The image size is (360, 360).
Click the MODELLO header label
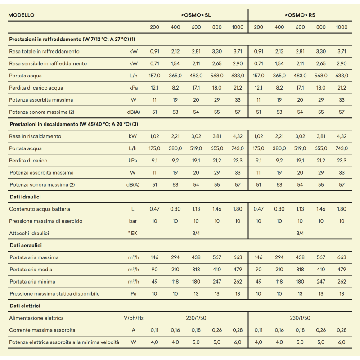[x=21, y=15]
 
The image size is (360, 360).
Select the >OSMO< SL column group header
[x=196, y=15]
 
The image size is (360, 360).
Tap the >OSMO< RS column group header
[x=300, y=15]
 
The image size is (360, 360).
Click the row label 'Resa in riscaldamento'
[x=35, y=136]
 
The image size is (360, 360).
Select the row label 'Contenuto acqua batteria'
[x=40, y=209]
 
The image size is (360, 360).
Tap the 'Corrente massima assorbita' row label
[x=42, y=330]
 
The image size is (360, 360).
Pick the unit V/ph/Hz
[x=134, y=318]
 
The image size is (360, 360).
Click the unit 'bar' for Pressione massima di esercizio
[x=133, y=221]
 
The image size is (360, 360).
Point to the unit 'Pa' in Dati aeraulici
[x=133, y=294]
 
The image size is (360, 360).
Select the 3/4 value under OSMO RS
[x=300, y=233]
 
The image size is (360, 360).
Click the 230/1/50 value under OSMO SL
[x=196, y=318]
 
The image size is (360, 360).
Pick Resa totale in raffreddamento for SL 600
[x=196, y=51]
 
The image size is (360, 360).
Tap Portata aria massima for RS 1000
[x=342, y=257]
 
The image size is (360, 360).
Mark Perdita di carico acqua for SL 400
[x=175, y=88]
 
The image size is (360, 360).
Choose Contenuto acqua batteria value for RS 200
[x=258, y=209]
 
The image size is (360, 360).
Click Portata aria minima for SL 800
[x=217, y=282]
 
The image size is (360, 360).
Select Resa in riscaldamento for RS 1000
[x=342, y=136]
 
